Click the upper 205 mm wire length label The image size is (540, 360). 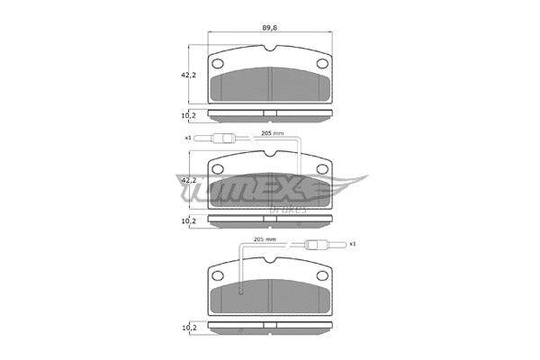[272, 133]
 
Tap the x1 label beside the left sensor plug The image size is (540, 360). [189, 138]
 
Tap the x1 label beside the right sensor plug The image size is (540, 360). [353, 244]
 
